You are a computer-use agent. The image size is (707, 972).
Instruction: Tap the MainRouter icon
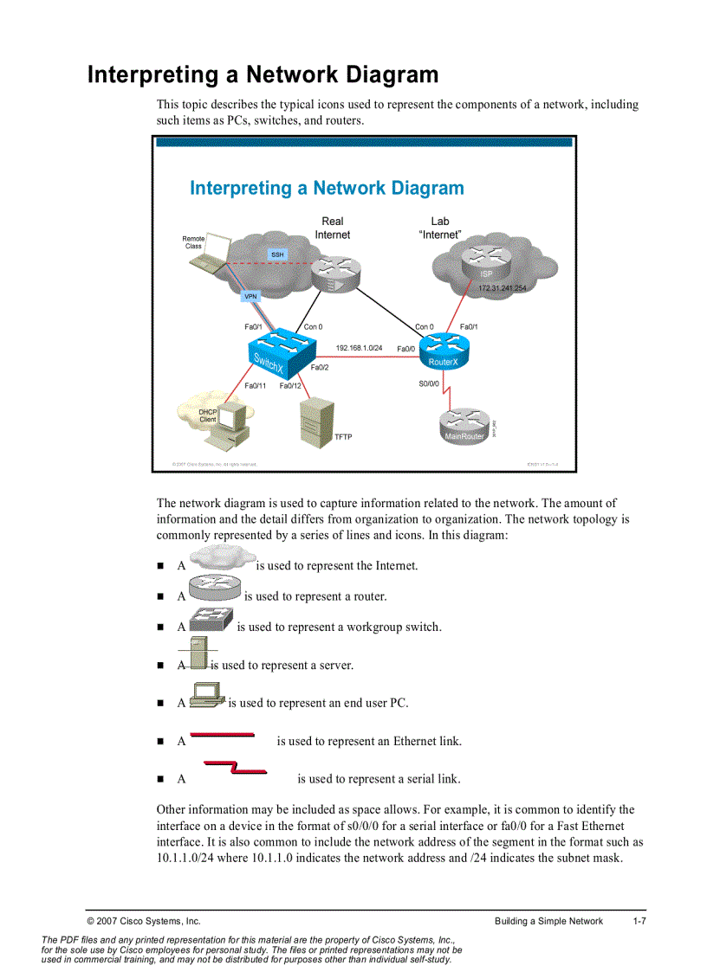(464, 427)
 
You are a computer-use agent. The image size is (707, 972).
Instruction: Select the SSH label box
(277, 254)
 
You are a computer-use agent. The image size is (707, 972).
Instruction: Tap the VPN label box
(250, 296)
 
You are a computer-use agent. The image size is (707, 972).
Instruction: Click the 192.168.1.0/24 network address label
(359, 347)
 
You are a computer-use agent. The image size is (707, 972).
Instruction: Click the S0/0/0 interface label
(429, 383)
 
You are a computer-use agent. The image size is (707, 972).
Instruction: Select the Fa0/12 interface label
(290, 386)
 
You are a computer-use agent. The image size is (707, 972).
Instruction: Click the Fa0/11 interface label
(256, 386)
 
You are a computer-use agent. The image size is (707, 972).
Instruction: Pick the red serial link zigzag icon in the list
(235, 768)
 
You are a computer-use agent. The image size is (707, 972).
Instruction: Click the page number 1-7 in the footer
(639, 921)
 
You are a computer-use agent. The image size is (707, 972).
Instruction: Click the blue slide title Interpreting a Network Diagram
(327, 188)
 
